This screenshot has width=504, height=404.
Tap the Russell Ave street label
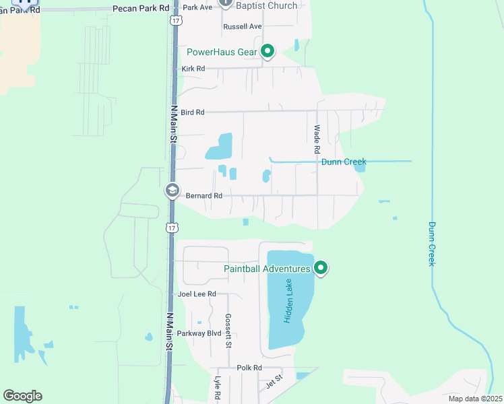coord(243,27)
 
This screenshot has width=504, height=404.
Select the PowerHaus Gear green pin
coord(267,51)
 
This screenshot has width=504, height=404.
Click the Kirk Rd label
coord(193,69)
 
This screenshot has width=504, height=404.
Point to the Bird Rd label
coord(192,112)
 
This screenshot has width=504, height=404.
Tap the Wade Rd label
coord(317,139)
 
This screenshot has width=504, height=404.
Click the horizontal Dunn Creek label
coord(344,162)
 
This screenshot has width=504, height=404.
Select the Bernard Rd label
coord(203,196)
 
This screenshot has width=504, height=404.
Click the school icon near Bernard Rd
coord(172,191)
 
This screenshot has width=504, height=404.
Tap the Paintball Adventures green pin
coord(321,269)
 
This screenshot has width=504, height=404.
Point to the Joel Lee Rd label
coord(197,294)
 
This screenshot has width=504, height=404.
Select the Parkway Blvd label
coord(199,334)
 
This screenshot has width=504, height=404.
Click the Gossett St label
coord(228,331)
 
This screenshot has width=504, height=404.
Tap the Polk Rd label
coord(249,368)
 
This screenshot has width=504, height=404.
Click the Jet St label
coord(274,382)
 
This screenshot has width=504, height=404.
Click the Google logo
coord(22,396)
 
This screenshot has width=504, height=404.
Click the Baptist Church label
coord(267,6)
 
